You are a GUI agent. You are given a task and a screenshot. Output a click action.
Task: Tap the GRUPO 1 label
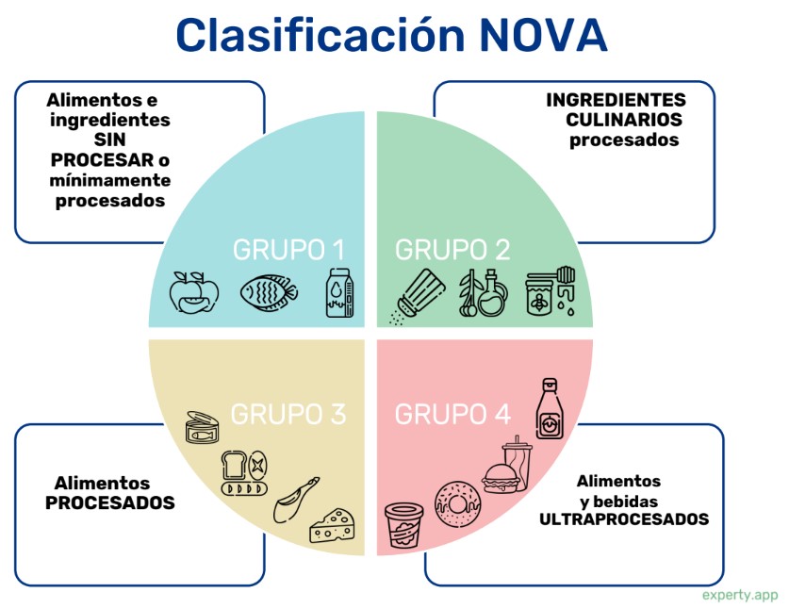(288, 250)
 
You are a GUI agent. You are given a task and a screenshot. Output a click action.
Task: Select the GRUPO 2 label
(452, 250)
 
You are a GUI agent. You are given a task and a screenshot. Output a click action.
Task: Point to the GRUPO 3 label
(288, 413)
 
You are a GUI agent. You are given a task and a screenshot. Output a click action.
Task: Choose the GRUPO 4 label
(452, 413)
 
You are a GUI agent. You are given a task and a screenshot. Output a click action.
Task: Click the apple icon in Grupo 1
(193, 292)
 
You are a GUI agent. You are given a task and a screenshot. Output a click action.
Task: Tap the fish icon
(269, 293)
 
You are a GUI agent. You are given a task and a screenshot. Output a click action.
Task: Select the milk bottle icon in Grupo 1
(339, 293)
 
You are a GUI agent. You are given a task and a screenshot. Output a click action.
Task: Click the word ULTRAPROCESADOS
(624, 519)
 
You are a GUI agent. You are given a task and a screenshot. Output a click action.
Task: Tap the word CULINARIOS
(624, 120)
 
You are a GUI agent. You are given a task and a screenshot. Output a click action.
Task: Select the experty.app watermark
(740, 595)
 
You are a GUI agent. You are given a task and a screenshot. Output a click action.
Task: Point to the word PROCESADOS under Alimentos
(110, 503)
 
